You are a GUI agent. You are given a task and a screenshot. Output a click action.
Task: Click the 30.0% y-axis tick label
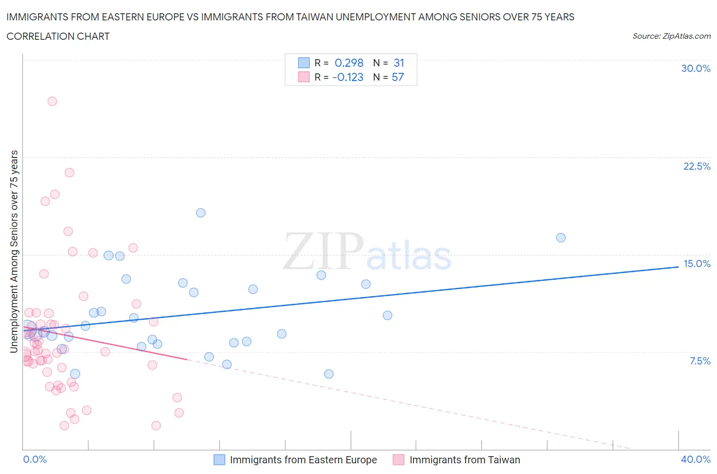[x=696, y=68]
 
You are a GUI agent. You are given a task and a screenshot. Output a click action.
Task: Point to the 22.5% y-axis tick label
[x=697, y=166]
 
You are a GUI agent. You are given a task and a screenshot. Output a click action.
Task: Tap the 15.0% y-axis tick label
[x=697, y=264]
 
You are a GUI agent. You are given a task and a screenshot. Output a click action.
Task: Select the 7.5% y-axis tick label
[x=700, y=361]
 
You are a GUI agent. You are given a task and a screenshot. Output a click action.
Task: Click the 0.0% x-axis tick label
[x=35, y=459]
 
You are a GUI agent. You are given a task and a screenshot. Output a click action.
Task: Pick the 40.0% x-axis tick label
[x=696, y=459]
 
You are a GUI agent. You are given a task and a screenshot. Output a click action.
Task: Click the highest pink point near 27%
[x=52, y=101]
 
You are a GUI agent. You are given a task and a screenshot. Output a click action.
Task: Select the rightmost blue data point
[x=561, y=238]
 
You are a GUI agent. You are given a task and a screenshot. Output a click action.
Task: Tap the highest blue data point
[x=201, y=213]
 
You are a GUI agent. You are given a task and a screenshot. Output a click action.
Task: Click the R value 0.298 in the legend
[x=349, y=63]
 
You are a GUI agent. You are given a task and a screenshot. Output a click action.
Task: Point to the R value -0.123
[x=348, y=77]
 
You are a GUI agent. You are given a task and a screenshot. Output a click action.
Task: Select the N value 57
[x=398, y=77]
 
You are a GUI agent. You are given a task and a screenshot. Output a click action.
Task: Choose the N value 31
[x=399, y=63]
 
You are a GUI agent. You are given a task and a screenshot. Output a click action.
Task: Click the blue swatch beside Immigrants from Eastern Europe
[x=219, y=460]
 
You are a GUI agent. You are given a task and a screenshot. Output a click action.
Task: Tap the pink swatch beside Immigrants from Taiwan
[x=399, y=460]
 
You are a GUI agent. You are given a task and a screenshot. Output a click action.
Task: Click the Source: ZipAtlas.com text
[x=671, y=36]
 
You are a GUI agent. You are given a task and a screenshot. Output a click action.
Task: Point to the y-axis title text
[x=14, y=251]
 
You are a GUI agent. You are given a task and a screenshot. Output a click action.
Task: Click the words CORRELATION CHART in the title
[x=58, y=36]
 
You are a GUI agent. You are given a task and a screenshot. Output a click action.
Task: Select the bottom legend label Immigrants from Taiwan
[x=465, y=460]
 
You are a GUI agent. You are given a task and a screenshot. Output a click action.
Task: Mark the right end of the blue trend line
[x=678, y=267]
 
